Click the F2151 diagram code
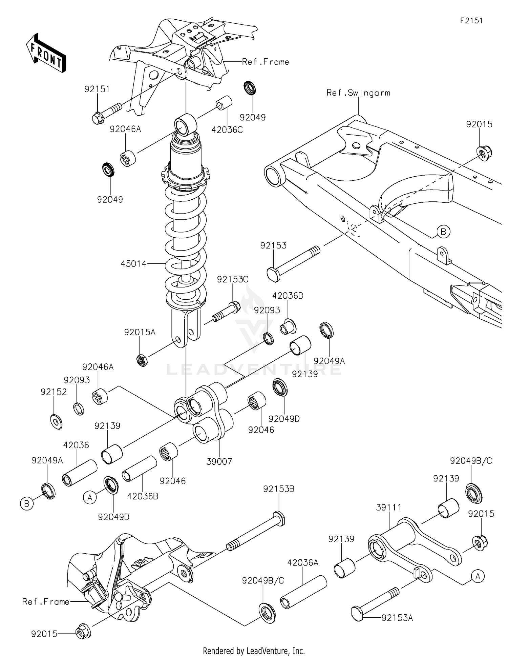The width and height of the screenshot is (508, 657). click(x=471, y=20)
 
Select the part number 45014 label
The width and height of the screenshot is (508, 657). click(x=133, y=263)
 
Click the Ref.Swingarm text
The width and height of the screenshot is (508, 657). click(x=358, y=93)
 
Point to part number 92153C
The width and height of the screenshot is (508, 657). click(x=233, y=279)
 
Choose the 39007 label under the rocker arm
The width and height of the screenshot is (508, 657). click(x=219, y=461)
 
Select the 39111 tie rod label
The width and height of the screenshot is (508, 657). click(x=388, y=507)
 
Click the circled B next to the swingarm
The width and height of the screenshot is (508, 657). click(x=443, y=232)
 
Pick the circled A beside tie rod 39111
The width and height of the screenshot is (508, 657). click(x=478, y=576)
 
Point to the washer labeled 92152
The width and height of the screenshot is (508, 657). click(x=56, y=421)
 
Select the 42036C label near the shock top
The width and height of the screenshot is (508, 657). click(x=227, y=130)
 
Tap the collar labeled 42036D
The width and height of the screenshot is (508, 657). click(x=288, y=326)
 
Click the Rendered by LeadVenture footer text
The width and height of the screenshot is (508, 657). click(x=254, y=651)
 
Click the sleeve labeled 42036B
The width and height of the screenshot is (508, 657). click(x=139, y=469)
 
